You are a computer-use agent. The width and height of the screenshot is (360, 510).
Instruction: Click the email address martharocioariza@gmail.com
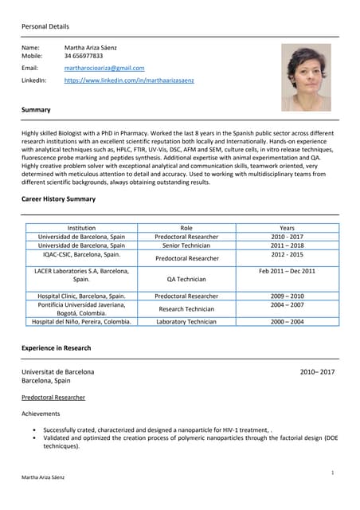(x=104, y=69)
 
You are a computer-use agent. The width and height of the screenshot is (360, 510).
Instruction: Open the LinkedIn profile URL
(x=129, y=80)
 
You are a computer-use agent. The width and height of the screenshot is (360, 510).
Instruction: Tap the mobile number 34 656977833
(x=84, y=56)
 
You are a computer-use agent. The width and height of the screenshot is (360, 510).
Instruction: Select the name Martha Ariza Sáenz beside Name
(x=93, y=48)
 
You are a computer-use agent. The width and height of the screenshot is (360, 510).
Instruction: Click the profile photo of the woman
(x=306, y=76)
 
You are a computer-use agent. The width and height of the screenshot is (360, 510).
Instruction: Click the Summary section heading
(x=36, y=110)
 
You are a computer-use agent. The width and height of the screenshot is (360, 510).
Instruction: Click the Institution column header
(x=81, y=228)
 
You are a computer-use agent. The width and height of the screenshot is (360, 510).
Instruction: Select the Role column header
(x=186, y=228)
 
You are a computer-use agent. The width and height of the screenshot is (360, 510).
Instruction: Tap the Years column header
(x=287, y=228)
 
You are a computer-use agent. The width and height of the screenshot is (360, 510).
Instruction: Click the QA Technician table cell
(x=186, y=280)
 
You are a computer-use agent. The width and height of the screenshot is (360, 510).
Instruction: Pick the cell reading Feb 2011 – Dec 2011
(x=287, y=271)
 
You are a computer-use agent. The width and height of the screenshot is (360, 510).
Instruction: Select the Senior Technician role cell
(x=186, y=245)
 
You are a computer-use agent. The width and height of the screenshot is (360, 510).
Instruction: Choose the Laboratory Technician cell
(x=186, y=322)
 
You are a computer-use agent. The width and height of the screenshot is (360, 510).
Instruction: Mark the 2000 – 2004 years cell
(x=287, y=322)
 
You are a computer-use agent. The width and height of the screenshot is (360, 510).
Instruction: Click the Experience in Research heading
(x=56, y=348)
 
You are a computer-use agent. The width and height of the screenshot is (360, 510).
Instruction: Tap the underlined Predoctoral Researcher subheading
(x=53, y=397)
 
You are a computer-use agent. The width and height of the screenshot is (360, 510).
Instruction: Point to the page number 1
(x=331, y=473)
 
